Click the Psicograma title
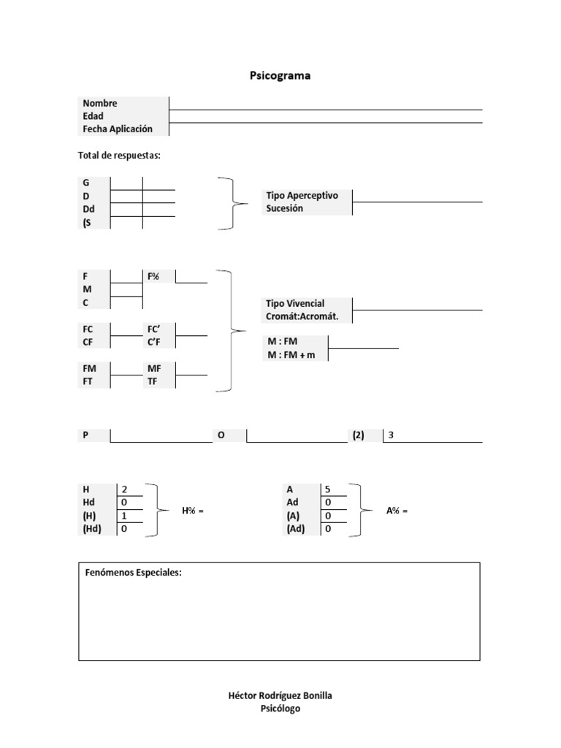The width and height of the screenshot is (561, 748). click(280, 75)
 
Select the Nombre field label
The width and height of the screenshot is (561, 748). click(100, 104)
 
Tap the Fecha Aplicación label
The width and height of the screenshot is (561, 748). click(118, 129)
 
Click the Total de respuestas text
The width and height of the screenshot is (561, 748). click(119, 156)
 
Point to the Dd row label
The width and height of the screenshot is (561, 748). click(89, 209)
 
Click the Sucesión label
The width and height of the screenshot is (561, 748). click(284, 209)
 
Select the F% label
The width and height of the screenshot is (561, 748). click(153, 276)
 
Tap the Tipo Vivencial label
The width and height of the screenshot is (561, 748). click(295, 303)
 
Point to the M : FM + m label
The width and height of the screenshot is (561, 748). click(291, 355)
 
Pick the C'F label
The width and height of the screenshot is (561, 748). click(153, 342)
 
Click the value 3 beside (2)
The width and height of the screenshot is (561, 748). click(392, 435)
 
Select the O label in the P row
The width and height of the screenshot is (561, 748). click(221, 435)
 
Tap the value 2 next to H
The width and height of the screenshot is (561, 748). click(124, 489)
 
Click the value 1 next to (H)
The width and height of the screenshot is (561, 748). click(124, 516)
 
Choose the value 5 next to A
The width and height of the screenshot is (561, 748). click(328, 489)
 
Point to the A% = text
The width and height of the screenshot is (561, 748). click(397, 511)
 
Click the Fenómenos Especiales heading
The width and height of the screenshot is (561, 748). click(132, 573)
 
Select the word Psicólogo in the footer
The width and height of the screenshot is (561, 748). click(280, 709)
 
